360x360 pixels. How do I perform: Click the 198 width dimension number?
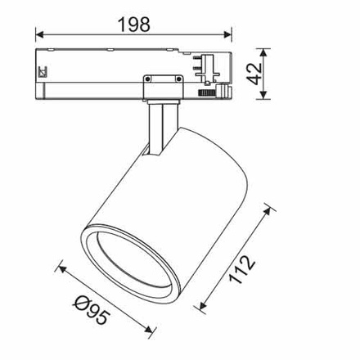pyautogui.click(x=133, y=25)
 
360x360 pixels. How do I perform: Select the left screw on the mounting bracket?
pyautogui.click(x=148, y=79)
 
